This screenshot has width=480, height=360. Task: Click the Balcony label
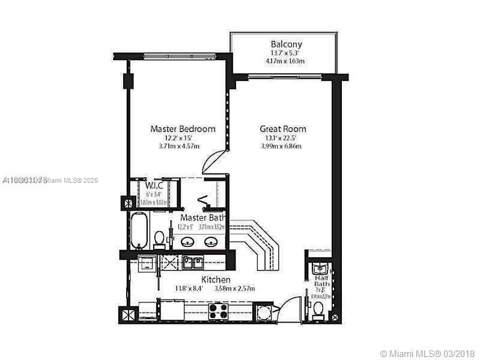pyautogui.click(x=286, y=44)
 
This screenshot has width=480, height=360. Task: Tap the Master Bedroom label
pyautogui.click(x=183, y=129)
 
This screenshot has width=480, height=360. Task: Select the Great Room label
pyautogui.click(x=282, y=129)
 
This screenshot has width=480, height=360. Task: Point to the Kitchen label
pyautogui.click(x=216, y=279)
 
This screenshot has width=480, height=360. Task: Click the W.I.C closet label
pyautogui.click(x=154, y=185)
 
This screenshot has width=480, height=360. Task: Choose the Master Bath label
pyautogui.click(x=203, y=217)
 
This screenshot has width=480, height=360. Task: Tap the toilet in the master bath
pyautogui.click(x=159, y=239)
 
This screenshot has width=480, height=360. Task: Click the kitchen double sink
pyautogui.click(x=192, y=262)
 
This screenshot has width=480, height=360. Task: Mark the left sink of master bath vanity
pyautogui.click(x=187, y=242)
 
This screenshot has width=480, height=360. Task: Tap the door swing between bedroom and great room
pyautogui.click(x=214, y=162)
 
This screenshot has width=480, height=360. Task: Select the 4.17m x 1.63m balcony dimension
pyautogui.click(x=286, y=61)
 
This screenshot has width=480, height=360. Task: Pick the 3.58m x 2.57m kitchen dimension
pyautogui.click(x=234, y=288)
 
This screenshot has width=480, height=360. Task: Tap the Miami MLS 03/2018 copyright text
pyautogui.click(x=428, y=353)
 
